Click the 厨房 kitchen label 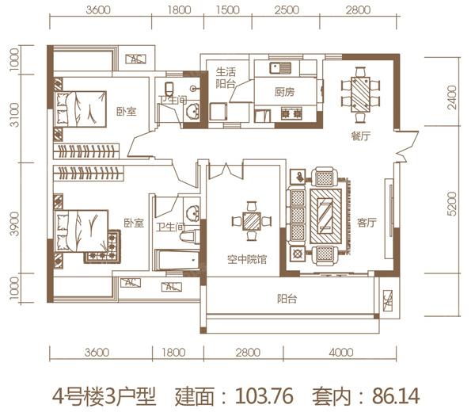(x=285, y=92)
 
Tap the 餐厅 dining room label (x=362, y=136)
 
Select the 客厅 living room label (x=367, y=223)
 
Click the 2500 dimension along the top (x=289, y=11)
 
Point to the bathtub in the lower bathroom (x=175, y=260)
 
